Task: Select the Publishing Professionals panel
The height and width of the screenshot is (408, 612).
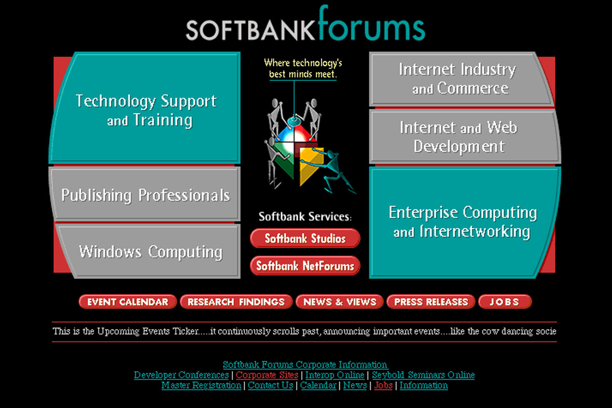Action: coord(145,194)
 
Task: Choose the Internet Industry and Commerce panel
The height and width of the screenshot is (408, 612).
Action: coord(461,79)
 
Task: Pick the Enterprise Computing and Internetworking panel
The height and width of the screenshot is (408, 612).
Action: coord(465,222)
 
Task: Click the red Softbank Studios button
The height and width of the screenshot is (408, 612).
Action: coord(305,238)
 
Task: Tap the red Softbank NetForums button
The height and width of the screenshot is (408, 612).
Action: coord(305,266)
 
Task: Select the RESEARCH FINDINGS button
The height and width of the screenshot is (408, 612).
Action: coord(236,302)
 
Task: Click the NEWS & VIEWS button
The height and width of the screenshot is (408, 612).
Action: coord(340,302)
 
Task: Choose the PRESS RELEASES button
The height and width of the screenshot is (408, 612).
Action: coord(431,302)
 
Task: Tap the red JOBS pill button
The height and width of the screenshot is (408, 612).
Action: coord(505,302)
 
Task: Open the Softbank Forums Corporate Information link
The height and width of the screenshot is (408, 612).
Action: coord(305,364)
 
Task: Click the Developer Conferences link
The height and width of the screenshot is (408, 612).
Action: coord(181,375)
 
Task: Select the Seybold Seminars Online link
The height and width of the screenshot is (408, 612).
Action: coord(424,375)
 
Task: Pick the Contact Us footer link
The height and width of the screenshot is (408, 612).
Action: coord(271,385)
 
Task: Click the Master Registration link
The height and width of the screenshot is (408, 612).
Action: coord(201,385)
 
